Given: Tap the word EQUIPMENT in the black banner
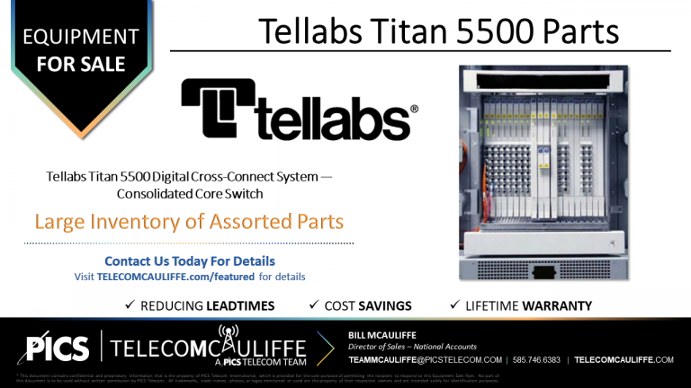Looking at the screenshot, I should coord(81,38).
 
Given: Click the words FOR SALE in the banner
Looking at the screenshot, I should coord(81,65).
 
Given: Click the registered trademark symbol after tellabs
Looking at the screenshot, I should coord(414,110).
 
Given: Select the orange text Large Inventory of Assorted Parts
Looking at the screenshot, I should coord(189,220).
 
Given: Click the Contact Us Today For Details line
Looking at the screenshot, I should coord(190,261).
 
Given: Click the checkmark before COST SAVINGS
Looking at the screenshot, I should coord(313,305).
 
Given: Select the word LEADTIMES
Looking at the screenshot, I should coord(239,306).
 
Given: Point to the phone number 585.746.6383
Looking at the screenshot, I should coord(537,359).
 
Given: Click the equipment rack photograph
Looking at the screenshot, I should coord(541,171).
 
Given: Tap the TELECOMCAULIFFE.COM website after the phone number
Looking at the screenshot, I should coord(624,359).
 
